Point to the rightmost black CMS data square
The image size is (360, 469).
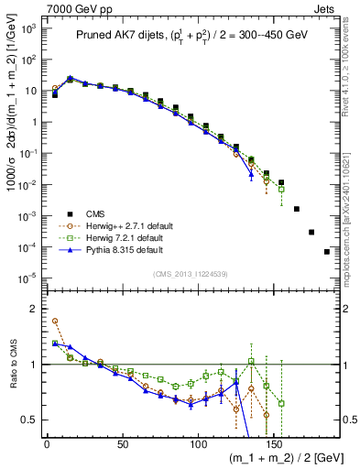327,252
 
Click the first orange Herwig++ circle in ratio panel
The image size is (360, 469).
55,322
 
